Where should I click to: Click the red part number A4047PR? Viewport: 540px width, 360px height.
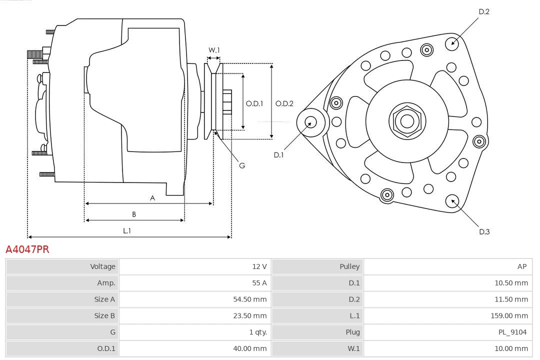[27, 249]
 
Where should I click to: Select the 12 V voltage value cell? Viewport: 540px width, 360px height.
[259, 266]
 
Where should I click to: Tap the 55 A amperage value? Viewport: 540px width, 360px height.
[259, 283]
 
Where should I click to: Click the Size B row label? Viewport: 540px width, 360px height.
[104, 315]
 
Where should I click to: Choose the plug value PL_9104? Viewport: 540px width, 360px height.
[513, 332]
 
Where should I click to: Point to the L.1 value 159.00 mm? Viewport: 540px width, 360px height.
[509, 315]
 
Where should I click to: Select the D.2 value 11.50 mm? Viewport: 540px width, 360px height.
[511, 299]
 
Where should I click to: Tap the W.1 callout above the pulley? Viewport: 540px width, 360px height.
[214, 50]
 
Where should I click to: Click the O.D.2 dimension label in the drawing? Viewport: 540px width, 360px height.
[284, 104]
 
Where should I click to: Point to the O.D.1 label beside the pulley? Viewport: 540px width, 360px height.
[254, 104]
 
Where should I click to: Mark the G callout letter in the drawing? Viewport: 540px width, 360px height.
[242, 165]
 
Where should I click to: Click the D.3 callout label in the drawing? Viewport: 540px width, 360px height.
[484, 231]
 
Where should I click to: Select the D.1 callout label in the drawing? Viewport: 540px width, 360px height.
[278, 155]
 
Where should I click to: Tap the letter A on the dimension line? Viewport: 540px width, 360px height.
[152, 198]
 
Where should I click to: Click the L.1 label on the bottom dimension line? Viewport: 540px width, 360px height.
[127, 231]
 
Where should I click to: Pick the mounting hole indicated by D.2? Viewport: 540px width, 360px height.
[452, 42]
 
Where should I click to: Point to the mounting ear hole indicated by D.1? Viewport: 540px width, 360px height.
[310, 121]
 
